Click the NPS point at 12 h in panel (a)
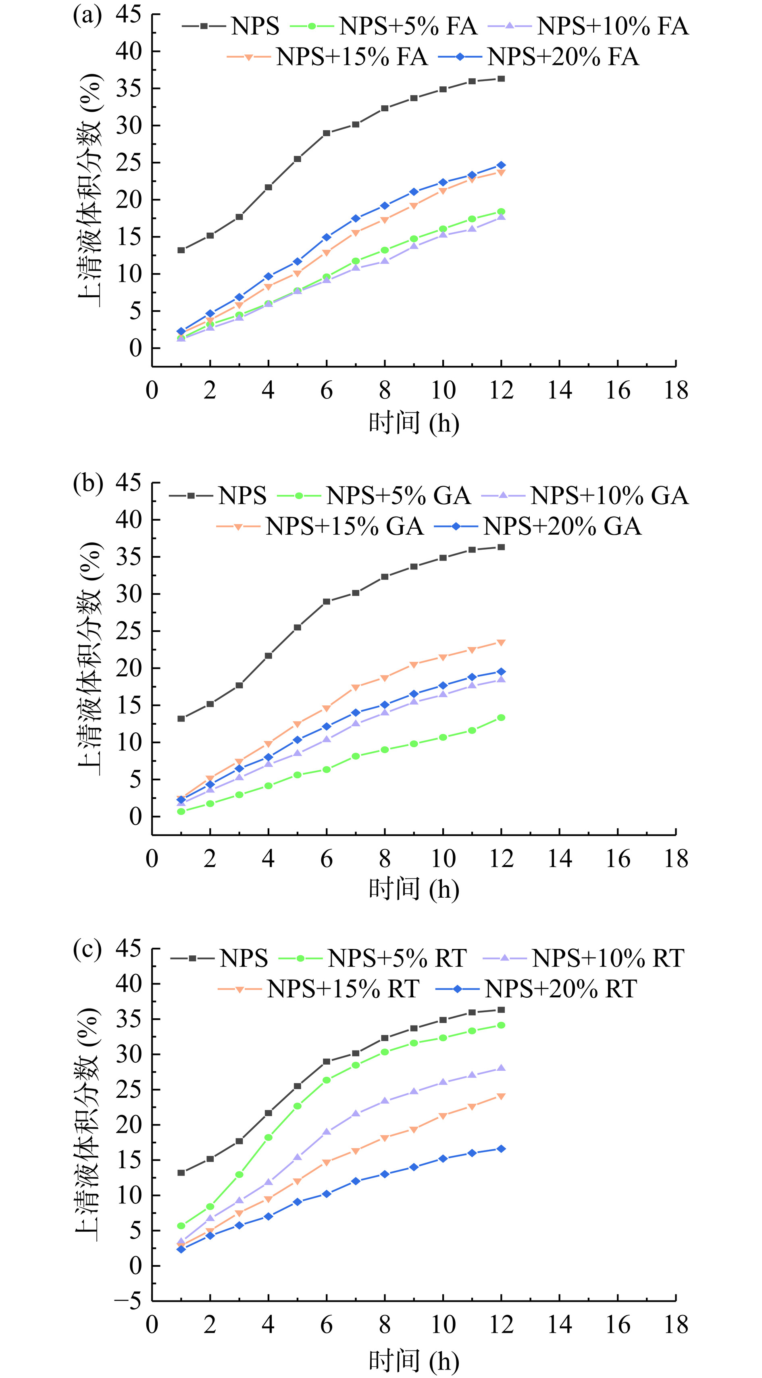coord(501,79)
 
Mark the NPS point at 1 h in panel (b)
coord(181,718)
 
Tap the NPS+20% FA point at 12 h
coord(501,165)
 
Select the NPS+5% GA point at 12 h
coord(501,718)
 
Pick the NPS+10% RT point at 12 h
coord(501,1068)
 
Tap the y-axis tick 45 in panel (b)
coord(128,483)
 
